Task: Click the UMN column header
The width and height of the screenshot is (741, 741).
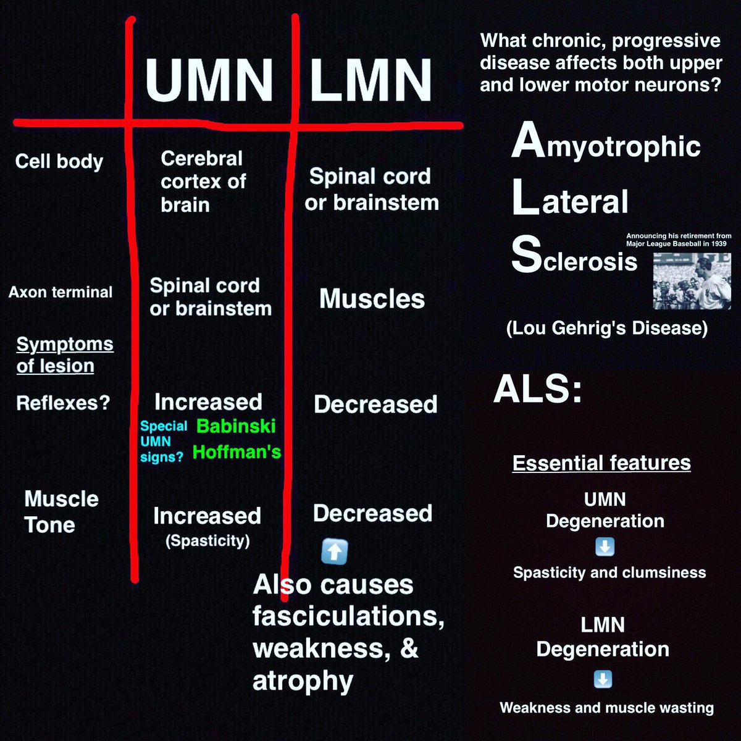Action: point(209,80)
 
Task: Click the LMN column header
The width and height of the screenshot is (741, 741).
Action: point(370,80)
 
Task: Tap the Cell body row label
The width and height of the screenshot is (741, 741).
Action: point(59,162)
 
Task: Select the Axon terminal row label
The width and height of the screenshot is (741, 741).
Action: point(61,292)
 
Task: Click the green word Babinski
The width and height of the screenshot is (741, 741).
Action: point(236,426)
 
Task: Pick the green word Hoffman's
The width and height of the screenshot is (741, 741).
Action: point(237,452)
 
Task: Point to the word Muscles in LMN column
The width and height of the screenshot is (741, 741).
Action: point(372,299)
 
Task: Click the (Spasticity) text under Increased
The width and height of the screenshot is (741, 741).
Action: point(207,541)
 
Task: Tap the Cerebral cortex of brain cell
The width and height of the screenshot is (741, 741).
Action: point(203,182)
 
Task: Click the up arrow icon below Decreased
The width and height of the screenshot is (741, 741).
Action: point(334,551)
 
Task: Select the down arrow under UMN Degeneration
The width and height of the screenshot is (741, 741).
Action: point(605,547)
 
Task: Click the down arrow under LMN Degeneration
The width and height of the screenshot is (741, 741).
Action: point(603,679)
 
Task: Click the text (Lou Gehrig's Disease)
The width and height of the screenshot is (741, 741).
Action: point(606,328)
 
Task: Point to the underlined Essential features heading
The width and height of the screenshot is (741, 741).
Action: point(601,463)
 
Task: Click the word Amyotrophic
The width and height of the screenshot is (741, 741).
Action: point(605,144)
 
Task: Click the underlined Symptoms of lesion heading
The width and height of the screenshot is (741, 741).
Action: point(64,354)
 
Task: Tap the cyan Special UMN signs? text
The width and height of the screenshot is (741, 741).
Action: point(163,442)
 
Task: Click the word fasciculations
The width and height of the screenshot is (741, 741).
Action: point(348,616)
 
